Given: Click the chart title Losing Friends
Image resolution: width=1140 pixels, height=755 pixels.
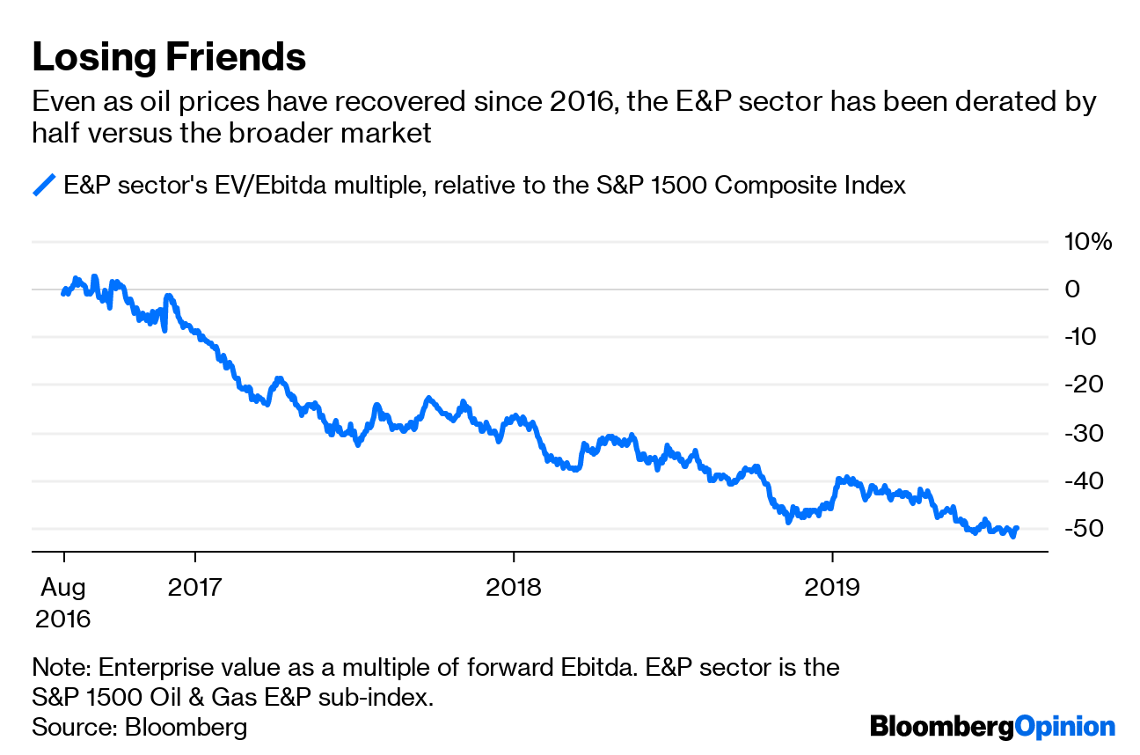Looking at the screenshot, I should click(x=169, y=57).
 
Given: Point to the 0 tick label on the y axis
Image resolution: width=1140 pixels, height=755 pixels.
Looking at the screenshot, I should click(x=1074, y=290).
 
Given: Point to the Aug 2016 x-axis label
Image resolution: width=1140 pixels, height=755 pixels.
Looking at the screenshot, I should click(x=62, y=602).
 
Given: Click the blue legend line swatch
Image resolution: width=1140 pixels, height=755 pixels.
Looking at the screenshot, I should click(x=44, y=186).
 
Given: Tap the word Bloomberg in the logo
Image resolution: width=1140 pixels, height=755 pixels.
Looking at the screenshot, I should click(x=940, y=727).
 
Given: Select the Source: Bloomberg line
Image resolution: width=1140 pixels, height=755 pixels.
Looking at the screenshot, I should click(x=139, y=728).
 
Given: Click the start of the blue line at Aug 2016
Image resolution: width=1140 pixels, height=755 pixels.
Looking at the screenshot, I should click(x=62, y=293).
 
